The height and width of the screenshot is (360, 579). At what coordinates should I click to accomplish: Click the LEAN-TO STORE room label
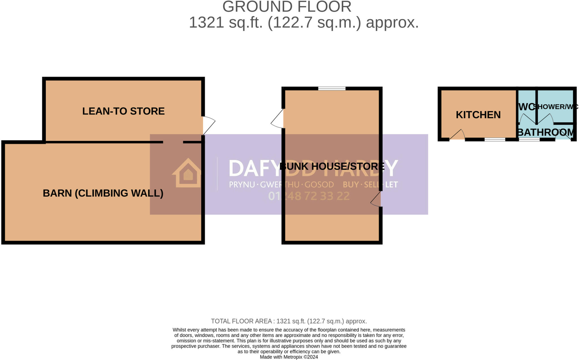coord(123,111)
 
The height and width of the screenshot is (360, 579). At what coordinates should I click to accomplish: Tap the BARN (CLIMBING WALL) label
coord(103,193)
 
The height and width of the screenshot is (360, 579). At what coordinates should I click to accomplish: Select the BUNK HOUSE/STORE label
coord(332,166)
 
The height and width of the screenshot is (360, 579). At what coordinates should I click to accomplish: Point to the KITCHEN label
coord(478,115)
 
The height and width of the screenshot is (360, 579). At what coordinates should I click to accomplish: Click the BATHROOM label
coord(546,132)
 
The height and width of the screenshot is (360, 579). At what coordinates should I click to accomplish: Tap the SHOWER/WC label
coord(556,107)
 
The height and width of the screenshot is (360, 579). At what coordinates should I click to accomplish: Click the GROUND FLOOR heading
coord(287,7)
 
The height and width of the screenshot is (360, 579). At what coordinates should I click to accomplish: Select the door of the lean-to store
coord(208,125)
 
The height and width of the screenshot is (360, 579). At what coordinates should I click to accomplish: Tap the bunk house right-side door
coord(376,200)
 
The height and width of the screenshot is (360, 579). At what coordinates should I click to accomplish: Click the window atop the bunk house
coord(332,89)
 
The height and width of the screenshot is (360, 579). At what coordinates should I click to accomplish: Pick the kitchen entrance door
coord(457,135)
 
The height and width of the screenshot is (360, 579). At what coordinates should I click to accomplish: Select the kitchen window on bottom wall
coord(495,139)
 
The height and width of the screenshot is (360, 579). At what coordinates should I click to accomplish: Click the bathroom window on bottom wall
coord(529,139)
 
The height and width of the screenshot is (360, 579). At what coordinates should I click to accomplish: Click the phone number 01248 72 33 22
coord(309,196)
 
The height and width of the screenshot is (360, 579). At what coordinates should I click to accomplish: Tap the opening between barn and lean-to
coord(173,142)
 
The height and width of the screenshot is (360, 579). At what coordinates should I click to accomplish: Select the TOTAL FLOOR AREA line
coord(289,321)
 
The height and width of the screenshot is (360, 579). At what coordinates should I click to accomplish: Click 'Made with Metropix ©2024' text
coord(289,357)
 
